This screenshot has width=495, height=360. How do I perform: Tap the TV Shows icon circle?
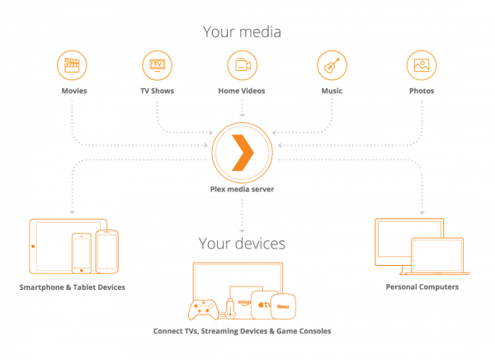pos(157,64)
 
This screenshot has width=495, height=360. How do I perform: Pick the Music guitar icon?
pos(331,64)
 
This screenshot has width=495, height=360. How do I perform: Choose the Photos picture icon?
pos(421,64)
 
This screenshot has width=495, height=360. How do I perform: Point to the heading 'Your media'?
pos(243,32)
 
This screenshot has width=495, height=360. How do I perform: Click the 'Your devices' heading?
pos(243,244)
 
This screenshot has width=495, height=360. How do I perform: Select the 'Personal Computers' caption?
pos(421,287)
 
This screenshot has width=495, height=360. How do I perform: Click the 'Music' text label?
pos(331,91)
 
